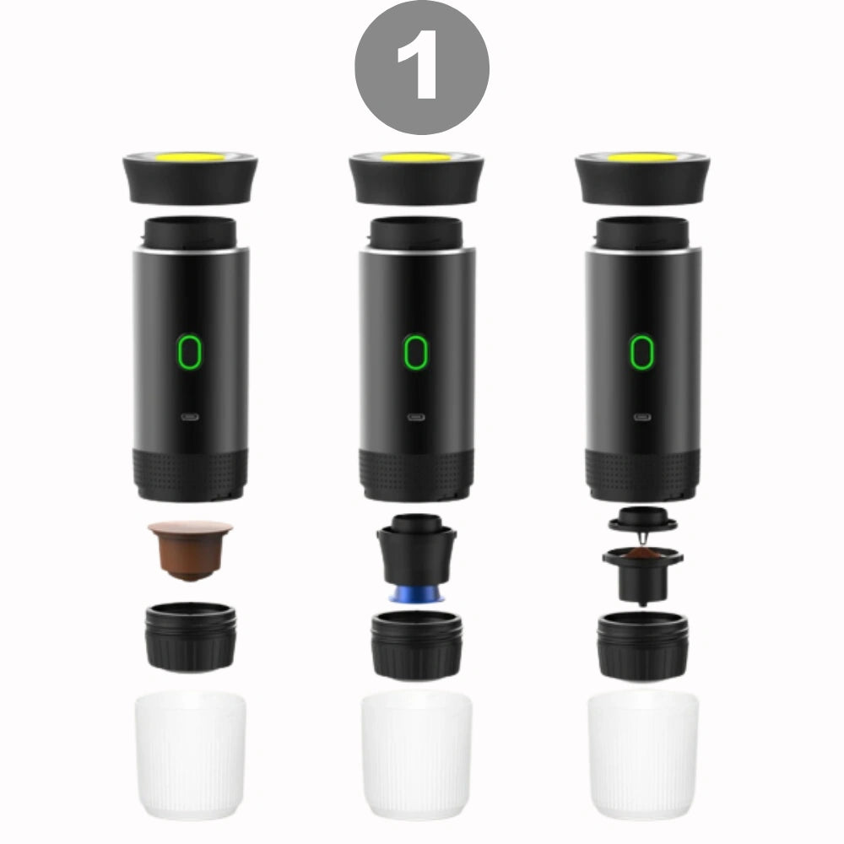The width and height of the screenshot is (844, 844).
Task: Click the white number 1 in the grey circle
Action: click(x=419, y=68)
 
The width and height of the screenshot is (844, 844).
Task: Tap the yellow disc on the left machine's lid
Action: click(x=189, y=158)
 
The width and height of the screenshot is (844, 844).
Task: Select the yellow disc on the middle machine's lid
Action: click(x=416, y=157)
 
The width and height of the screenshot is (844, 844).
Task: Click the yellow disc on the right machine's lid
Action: click(x=642, y=157)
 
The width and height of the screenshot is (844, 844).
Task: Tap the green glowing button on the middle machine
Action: click(x=416, y=351)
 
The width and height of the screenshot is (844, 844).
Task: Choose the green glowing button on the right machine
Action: click(x=642, y=351)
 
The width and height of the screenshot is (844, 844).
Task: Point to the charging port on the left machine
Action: click(x=189, y=417)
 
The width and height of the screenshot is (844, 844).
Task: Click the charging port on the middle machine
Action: click(x=416, y=417)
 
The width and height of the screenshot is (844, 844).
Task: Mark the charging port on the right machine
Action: click(x=642, y=417)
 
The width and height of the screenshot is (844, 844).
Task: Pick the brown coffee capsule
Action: click(x=191, y=550)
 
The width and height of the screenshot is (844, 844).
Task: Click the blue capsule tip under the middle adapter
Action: click(x=416, y=594)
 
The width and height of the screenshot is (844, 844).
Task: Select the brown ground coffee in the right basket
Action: click(x=642, y=554)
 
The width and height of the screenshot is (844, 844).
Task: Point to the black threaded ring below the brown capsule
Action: click(x=191, y=637)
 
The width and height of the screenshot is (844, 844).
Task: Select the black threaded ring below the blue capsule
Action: click(x=417, y=645)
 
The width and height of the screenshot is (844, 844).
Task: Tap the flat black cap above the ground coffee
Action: click(x=642, y=519)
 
